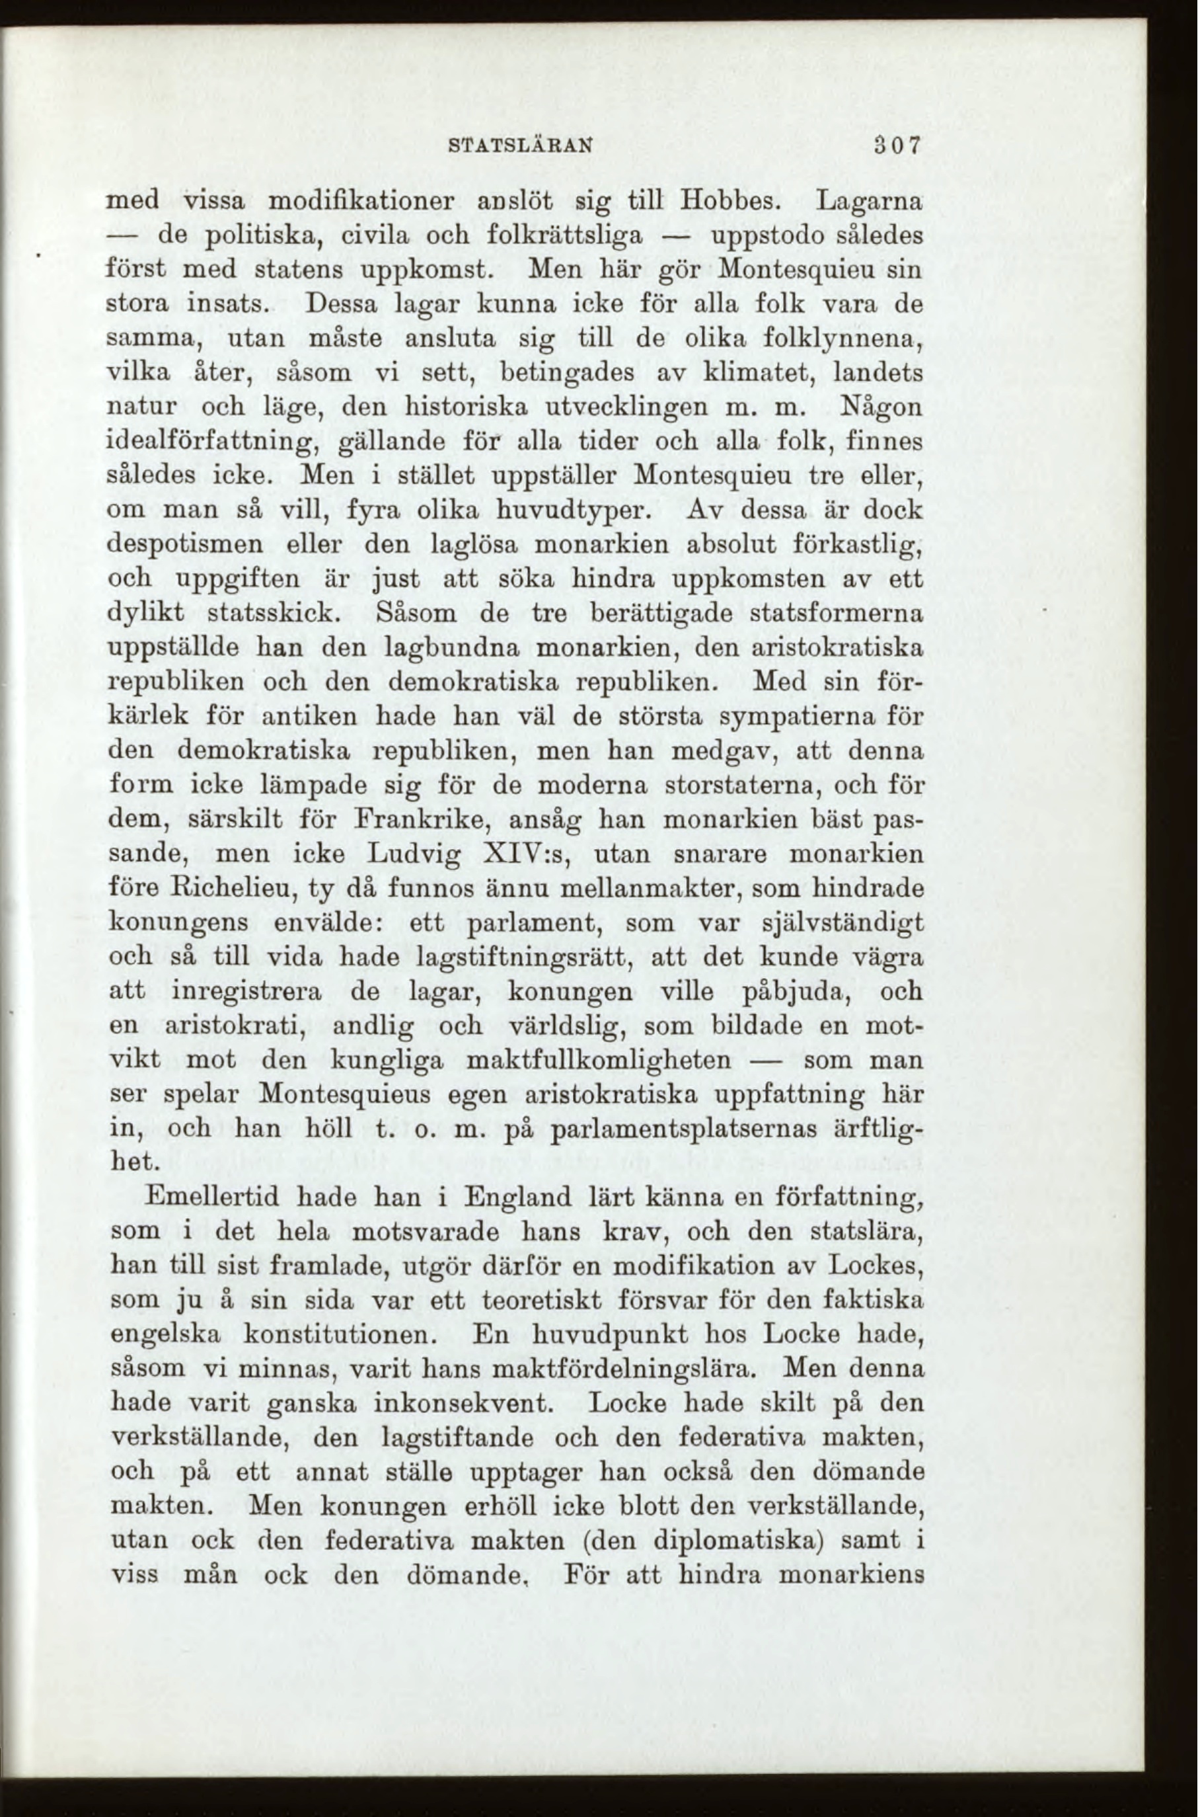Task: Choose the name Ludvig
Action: click(x=415, y=854)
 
